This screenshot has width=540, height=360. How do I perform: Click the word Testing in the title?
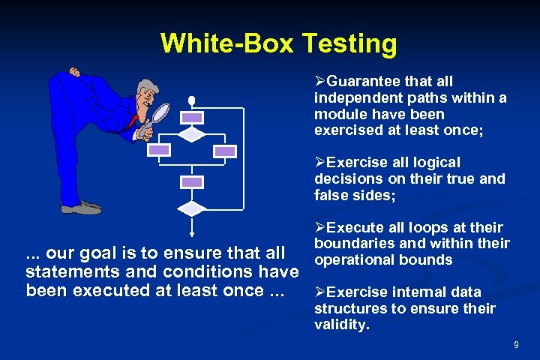(349, 43)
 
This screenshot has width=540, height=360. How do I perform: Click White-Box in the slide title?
(229, 43)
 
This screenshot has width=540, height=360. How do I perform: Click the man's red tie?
(135, 120)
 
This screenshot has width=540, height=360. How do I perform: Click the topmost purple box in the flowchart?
(192, 118)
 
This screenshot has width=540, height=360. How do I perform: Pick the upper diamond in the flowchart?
(192, 134)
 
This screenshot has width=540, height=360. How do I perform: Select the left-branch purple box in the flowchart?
(159, 151)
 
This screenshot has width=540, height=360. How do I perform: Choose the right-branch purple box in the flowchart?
(224, 151)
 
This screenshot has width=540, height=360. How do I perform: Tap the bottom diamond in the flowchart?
(192, 208)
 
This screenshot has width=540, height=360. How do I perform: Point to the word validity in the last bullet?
(341, 325)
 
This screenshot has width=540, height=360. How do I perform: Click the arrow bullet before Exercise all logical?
(320, 163)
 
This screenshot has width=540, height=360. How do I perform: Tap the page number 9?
(516, 344)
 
